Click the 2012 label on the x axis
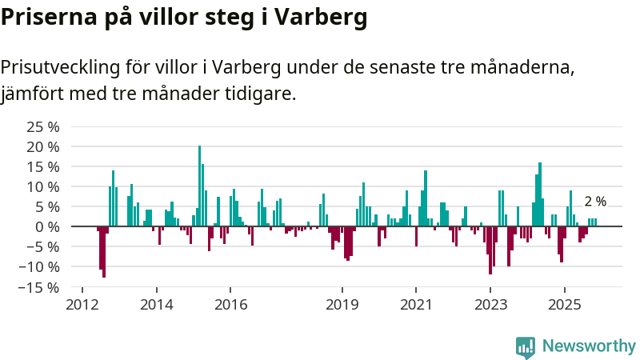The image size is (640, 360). pos(82,305)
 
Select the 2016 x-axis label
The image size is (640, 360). pos(230,305)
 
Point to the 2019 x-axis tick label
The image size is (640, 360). pos(342,305)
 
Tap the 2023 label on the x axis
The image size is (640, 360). pos(490,305)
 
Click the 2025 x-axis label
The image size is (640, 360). pos(565,305)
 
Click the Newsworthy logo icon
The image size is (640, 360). pos(526,346)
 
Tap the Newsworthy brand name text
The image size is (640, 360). pos(589,346)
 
